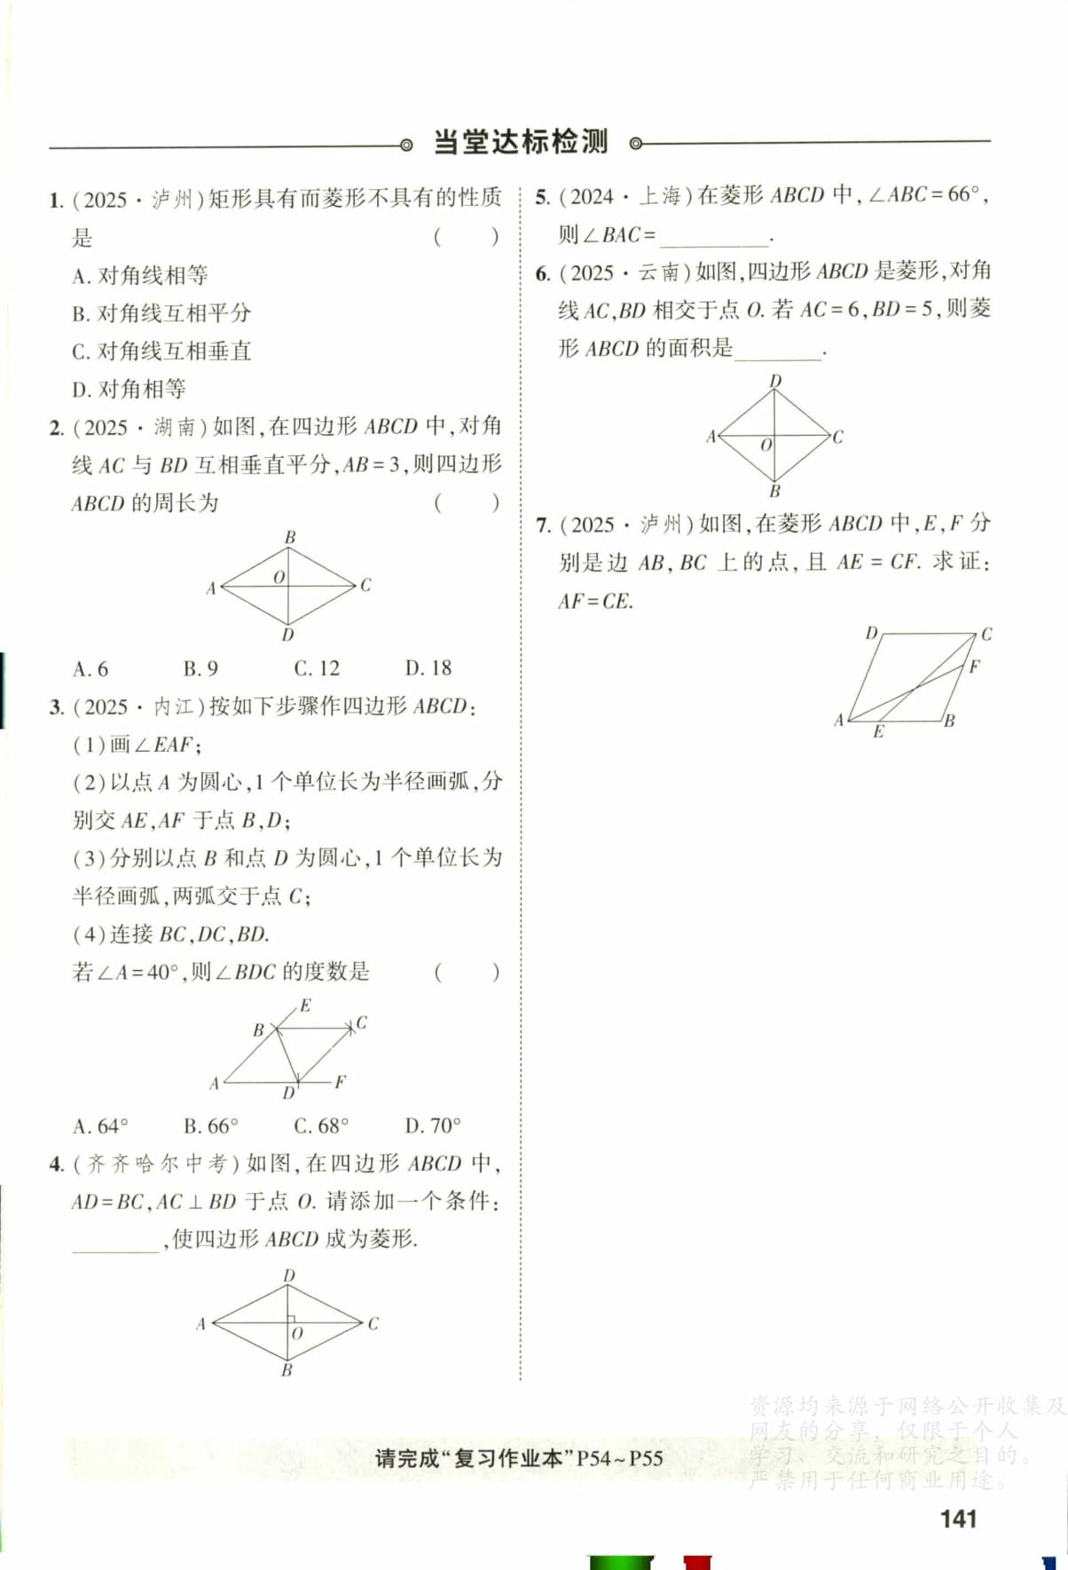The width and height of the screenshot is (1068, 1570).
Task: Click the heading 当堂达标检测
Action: (x=520, y=142)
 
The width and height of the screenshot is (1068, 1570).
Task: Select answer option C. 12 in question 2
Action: (x=317, y=668)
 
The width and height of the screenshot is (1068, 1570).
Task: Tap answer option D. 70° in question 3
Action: (x=433, y=1126)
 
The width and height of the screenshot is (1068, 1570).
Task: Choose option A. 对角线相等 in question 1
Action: (x=140, y=275)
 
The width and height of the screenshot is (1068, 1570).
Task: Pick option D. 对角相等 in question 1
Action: (x=130, y=389)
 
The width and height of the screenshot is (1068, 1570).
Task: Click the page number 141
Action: (x=958, y=1519)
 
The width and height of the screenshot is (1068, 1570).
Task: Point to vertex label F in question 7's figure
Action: (x=974, y=666)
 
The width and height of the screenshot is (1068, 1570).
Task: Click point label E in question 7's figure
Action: (x=878, y=732)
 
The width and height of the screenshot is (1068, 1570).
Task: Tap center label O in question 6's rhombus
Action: (x=766, y=445)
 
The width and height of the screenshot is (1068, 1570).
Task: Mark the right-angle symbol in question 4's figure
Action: (x=291, y=1318)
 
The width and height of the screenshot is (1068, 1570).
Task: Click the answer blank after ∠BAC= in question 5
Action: (x=714, y=237)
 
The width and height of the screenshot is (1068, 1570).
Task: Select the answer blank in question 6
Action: (x=778, y=350)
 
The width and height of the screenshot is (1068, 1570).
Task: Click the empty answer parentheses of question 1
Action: (x=467, y=237)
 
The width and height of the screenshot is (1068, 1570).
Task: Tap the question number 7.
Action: (x=544, y=525)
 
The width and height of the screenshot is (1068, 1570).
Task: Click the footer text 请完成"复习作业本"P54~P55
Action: (x=519, y=1458)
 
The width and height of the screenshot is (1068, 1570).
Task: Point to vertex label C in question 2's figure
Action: (x=365, y=585)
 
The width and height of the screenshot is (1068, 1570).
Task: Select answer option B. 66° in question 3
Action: (x=211, y=1126)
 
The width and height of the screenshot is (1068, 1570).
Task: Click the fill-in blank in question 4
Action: (x=115, y=1241)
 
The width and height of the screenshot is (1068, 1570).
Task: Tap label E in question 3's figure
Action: (x=305, y=1006)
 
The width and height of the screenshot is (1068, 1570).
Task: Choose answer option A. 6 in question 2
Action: (x=90, y=668)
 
